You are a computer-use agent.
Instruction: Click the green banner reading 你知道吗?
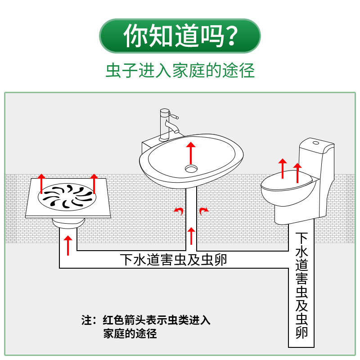(180, 36)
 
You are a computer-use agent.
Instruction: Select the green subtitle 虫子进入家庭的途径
(180, 71)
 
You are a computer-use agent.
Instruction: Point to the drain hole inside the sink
(191, 168)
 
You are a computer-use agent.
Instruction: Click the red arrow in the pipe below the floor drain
(68, 246)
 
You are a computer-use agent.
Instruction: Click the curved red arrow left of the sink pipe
(179, 211)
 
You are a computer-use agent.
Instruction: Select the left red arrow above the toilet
(282, 168)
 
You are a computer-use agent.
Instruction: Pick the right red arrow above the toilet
(297, 172)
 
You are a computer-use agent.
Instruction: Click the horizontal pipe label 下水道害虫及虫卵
(173, 260)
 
